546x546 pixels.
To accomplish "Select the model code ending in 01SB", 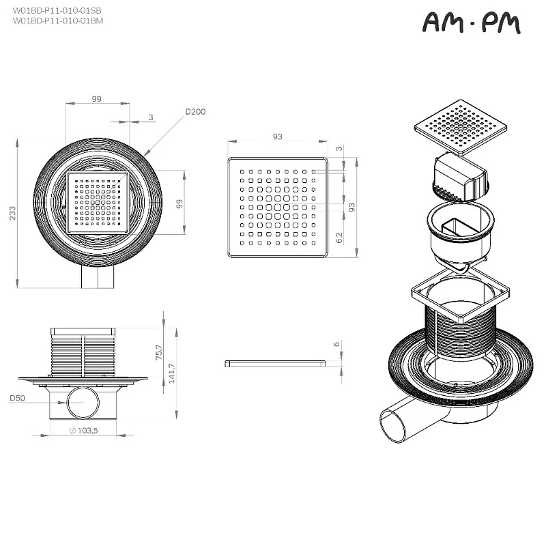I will click(x=57, y=12).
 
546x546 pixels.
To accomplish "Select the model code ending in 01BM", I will click(x=57, y=20).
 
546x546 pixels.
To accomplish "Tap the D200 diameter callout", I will click(x=195, y=112).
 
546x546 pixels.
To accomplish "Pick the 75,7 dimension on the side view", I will click(x=158, y=352).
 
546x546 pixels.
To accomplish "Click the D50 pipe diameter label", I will click(x=18, y=397).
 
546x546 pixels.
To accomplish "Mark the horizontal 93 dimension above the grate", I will click(x=278, y=137).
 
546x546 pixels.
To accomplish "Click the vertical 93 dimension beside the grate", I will click(x=352, y=207).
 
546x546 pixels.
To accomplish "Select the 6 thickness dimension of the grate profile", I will click(x=336, y=345).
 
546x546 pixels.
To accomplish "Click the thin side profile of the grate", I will click(x=274, y=363).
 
